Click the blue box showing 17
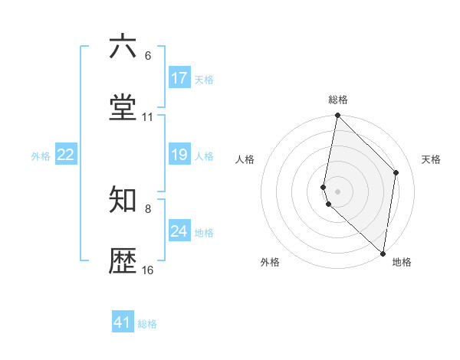179,78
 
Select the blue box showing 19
179,155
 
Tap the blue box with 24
179,231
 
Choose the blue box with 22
66,155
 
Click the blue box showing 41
123,322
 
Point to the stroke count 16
148,270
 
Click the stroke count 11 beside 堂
148,117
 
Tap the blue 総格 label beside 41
148,324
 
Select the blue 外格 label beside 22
41,155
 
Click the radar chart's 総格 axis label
338,100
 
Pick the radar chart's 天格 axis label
432,159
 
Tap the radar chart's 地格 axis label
402,262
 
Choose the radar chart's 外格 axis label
270,262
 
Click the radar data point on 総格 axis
337,116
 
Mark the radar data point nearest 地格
383,254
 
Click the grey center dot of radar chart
337,191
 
